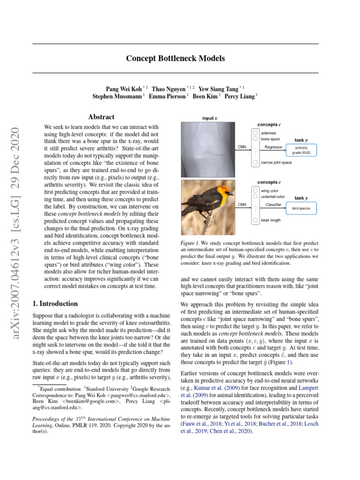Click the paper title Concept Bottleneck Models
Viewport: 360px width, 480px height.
175,59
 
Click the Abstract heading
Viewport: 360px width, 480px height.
101,117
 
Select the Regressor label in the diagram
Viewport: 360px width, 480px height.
274,147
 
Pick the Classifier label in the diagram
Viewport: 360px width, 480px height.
273,204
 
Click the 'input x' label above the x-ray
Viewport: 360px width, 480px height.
209,118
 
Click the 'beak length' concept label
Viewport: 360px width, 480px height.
270,219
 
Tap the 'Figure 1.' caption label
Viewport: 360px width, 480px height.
190,243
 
